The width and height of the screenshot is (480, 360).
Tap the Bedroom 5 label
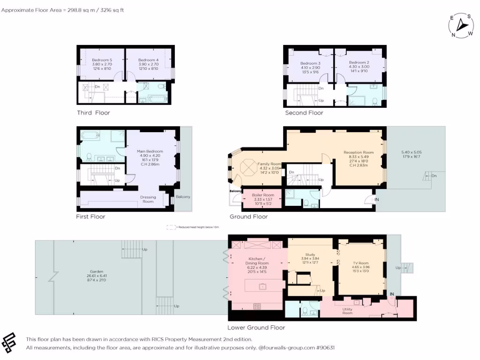(x=102, y=60)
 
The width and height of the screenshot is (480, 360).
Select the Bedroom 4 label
(x=148, y=60)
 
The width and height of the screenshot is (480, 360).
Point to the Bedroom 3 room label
(x=310, y=63)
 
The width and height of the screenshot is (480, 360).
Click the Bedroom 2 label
(x=359, y=62)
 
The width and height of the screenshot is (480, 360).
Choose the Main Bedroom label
(x=150, y=151)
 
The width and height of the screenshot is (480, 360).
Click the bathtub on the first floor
(x=90, y=136)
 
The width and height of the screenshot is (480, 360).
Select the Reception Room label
(x=359, y=152)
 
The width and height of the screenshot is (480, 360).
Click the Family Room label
(x=269, y=164)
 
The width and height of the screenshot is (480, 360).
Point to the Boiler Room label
(x=262, y=195)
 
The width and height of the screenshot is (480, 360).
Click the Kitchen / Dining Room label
(x=256, y=261)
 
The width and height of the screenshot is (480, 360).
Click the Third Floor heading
(x=93, y=113)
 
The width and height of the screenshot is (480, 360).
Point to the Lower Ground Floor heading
(x=256, y=328)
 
